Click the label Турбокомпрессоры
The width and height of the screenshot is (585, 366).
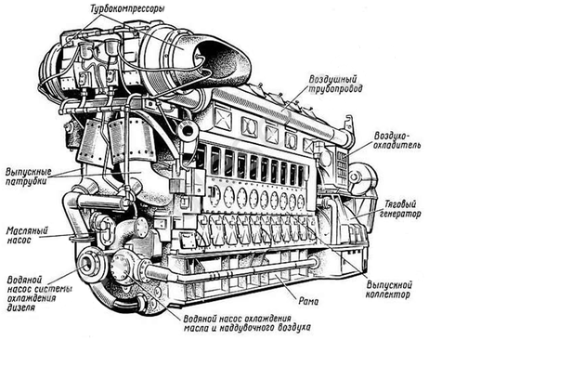tap(127, 8)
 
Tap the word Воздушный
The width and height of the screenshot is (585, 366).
tap(332, 80)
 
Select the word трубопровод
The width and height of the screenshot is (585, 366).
tap(335, 89)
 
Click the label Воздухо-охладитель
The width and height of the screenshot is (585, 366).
tap(397, 140)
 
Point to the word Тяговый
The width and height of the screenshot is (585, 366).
tap(400, 204)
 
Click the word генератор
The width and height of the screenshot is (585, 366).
tap(400, 215)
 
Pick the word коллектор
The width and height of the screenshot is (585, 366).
tap(387, 294)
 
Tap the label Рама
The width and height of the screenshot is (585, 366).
tap(308, 301)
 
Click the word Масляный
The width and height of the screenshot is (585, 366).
tap(27, 231)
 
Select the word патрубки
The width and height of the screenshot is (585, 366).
tap(26, 182)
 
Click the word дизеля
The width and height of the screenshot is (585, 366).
tap(21, 307)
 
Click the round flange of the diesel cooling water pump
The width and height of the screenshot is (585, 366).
tap(89, 263)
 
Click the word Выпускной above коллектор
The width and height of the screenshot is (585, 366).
tap(389, 285)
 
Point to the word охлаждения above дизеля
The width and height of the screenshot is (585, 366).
tap(32, 298)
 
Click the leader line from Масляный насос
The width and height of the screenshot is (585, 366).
tap(57, 236)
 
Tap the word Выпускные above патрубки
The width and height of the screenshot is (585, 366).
tap(29, 172)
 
